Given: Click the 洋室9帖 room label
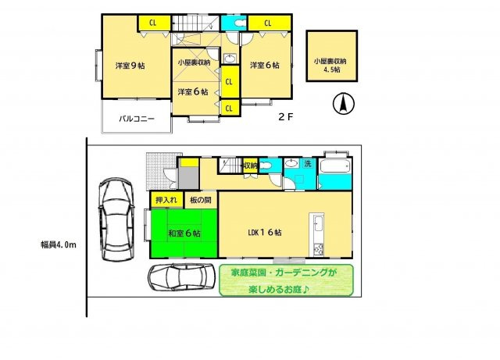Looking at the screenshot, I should pos(130,66).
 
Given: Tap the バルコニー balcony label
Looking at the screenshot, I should pos(137,119).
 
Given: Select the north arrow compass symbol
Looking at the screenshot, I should pos(341,102).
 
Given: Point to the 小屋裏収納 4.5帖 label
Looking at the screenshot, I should pos(330,65).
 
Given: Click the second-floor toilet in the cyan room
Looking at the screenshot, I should pos(229,23).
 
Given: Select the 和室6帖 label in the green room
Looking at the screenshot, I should pos(184,233).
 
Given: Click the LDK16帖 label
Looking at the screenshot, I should pos(265,233).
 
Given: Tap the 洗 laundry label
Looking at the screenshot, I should pos(307,164).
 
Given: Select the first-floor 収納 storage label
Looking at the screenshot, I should pos(249,166).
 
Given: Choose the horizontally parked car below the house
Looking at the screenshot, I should pos(181,276).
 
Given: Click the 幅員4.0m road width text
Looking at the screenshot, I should pos(59,245).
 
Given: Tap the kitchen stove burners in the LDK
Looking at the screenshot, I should pos(317,249).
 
